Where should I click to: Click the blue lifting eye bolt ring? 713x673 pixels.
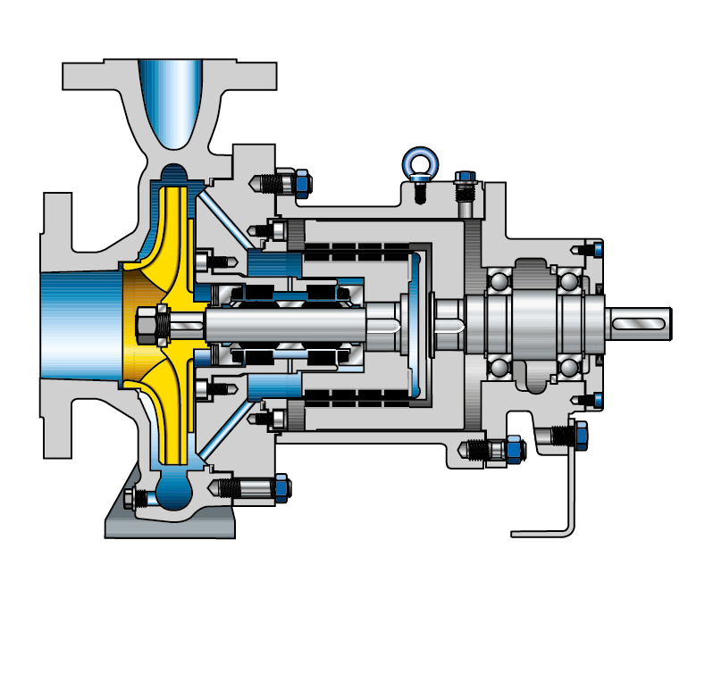tap(417, 162)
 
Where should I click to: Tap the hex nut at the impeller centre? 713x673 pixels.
tap(157, 323)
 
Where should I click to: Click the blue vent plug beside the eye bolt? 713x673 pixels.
tap(465, 182)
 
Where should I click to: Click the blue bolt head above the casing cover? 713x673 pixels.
tap(301, 182)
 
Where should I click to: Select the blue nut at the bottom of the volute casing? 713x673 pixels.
tap(280, 487)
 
